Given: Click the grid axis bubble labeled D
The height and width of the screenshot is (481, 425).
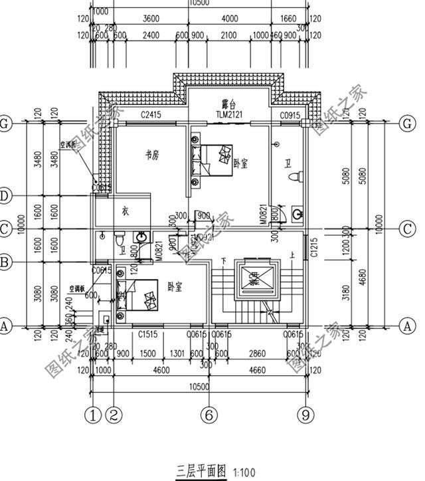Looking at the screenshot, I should tap(5, 196).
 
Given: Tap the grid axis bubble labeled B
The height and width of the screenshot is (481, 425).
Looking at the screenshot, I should tap(5, 263).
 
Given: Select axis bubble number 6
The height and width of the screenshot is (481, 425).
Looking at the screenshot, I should tap(209, 415).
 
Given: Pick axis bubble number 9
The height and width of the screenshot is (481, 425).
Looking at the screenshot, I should tap(305, 415).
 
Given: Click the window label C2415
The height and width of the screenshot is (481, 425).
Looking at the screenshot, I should tap(151, 116).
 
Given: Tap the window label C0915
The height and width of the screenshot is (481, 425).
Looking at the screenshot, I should tap(290, 116).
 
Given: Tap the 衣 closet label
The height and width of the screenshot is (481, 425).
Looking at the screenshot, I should tap(124, 211).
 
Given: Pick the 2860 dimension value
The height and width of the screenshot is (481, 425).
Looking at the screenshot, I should tap(256, 353).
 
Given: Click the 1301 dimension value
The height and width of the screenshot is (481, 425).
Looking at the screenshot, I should tap(177, 353).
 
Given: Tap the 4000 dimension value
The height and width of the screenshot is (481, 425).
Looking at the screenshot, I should tap(230, 20).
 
